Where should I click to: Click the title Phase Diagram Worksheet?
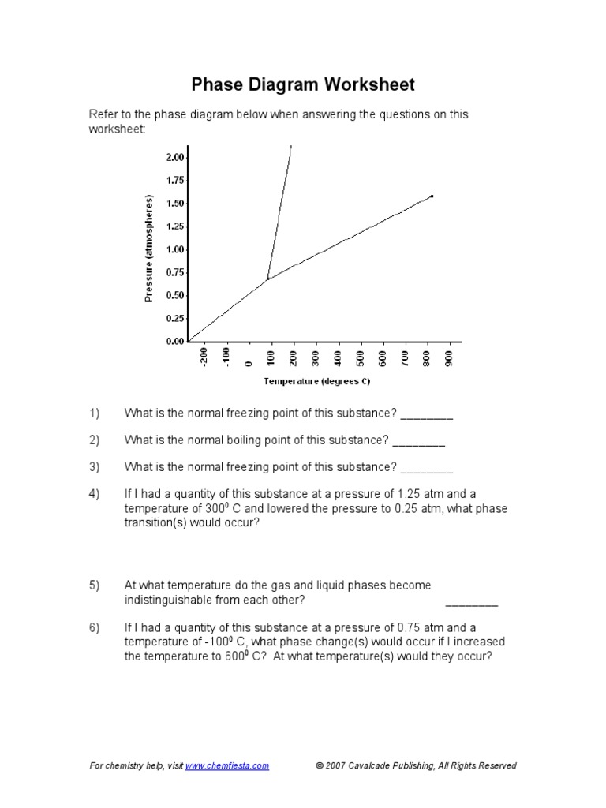pyautogui.click(x=304, y=84)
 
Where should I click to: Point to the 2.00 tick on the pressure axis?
pyautogui.click(x=174, y=158)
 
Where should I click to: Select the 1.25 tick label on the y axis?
pyautogui.click(x=174, y=226)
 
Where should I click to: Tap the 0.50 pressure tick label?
pyautogui.click(x=174, y=295)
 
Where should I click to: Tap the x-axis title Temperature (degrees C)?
pyautogui.click(x=316, y=381)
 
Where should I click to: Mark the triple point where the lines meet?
pyautogui.click(x=268, y=278)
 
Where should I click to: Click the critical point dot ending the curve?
pyautogui.click(x=432, y=196)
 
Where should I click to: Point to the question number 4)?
pyautogui.click(x=95, y=495)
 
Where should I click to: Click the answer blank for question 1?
pyautogui.click(x=427, y=415)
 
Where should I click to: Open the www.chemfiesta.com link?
pyautogui.click(x=227, y=765)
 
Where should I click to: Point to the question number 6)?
pyautogui.click(x=95, y=628)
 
